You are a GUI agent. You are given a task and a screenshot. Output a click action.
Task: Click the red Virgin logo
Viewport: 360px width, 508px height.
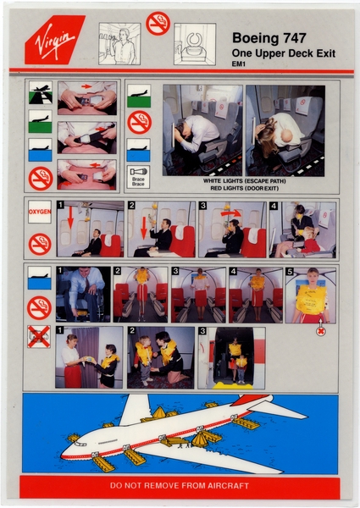[x=55, y=39]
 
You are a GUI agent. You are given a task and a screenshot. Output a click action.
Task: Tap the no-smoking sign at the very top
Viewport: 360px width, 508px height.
[x=158, y=24]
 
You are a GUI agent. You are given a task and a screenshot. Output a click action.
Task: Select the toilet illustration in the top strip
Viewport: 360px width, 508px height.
[x=195, y=43]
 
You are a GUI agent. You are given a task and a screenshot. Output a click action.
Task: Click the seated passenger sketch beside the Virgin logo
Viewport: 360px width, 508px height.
[x=119, y=43]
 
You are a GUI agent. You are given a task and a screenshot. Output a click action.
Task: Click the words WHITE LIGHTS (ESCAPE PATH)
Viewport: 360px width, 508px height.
[x=243, y=180]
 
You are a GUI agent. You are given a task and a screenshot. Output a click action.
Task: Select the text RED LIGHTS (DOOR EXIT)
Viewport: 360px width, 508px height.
[x=243, y=188]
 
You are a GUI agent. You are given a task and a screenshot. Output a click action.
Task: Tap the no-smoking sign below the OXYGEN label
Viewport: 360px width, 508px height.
[x=40, y=244]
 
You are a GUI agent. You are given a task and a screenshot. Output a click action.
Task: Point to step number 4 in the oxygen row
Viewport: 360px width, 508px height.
[x=275, y=206]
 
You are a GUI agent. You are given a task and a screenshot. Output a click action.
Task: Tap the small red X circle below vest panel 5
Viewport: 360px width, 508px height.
[x=321, y=331]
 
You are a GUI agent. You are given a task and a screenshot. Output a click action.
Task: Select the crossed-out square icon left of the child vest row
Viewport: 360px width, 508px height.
[x=39, y=336]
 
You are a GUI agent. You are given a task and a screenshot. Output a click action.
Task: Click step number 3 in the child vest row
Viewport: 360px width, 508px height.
[x=202, y=331]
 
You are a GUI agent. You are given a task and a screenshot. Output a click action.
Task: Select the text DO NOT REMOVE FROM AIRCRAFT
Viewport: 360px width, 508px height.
[x=179, y=487]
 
